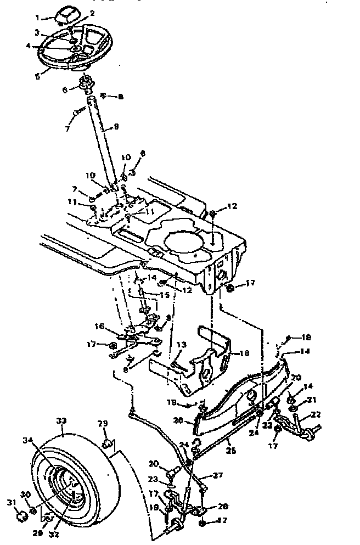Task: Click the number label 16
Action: [x=99, y=325]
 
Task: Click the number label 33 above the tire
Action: [x=60, y=420]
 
